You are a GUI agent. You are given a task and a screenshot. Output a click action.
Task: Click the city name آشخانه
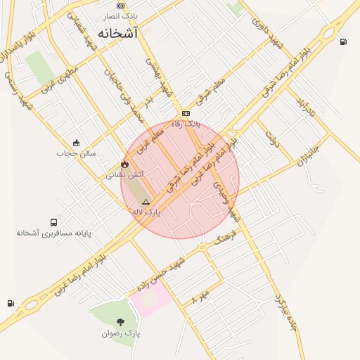[x=117, y=33]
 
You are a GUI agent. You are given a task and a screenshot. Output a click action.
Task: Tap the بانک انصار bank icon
[x=121, y=6]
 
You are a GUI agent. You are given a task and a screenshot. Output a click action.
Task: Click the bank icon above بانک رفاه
[x=186, y=113]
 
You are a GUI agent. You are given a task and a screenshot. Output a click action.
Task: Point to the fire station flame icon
[x=124, y=164]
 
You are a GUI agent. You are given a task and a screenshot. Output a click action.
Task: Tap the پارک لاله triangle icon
[x=146, y=202]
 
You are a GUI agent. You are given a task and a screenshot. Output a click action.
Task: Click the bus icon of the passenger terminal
[x=54, y=222]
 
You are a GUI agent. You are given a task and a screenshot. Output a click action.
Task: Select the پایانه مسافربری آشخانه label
[x=54, y=232]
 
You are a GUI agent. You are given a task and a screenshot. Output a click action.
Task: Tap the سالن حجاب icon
[x=76, y=143]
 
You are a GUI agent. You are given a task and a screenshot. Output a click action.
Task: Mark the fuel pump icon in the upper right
[x=343, y=41]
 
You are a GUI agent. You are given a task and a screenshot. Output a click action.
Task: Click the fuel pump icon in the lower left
[x=11, y=303]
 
